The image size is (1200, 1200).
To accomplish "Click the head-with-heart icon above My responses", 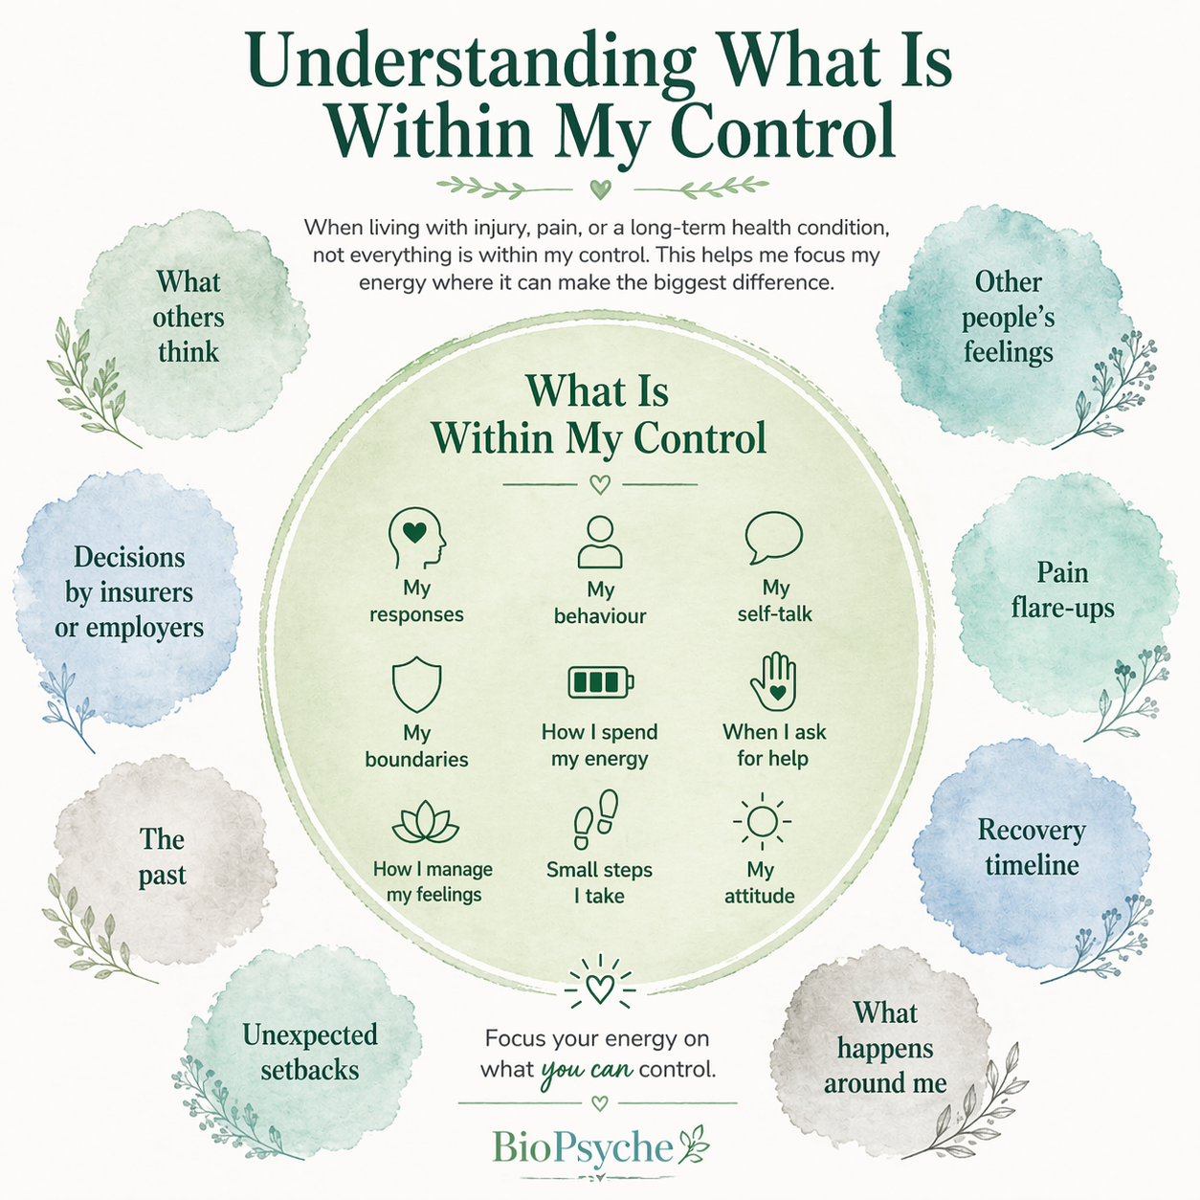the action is (x=416, y=539).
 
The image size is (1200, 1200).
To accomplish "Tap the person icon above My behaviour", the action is (x=600, y=542).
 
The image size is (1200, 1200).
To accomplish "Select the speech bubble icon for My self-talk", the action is (x=773, y=538).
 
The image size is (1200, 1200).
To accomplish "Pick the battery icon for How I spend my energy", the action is (x=601, y=682).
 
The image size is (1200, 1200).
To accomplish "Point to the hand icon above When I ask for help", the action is (x=773, y=681).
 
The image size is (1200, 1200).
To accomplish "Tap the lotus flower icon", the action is (x=425, y=821).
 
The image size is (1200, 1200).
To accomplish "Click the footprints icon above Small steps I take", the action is (x=596, y=819).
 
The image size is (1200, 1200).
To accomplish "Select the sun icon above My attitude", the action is (x=762, y=821).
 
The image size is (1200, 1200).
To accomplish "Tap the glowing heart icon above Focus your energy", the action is (x=600, y=984).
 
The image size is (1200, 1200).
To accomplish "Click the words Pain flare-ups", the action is (x=1062, y=589).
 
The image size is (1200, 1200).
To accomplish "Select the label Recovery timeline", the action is (x=1032, y=847).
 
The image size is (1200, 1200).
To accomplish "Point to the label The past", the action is (x=162, y=856).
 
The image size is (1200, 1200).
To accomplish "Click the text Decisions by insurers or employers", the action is (x=129, y=591).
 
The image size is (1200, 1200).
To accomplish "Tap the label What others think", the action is (x=189, y=317).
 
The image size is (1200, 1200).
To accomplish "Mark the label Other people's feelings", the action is (x=1009, y=317).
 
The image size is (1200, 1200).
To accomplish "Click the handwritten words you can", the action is (x=587, y=1071).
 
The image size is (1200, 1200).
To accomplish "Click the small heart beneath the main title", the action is (x=600, y=189).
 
